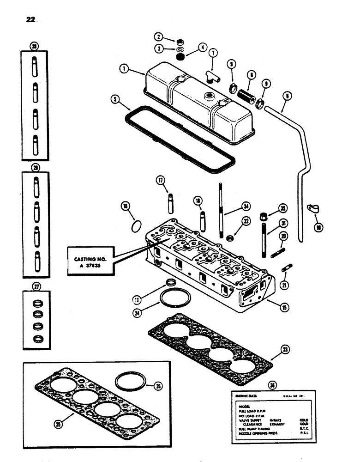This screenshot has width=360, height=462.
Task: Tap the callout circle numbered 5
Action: click(114, 99)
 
